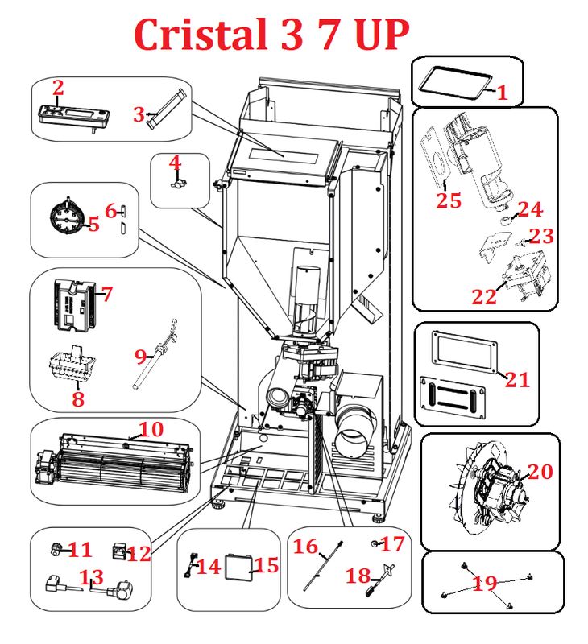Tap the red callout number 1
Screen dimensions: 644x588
tap(503, 93)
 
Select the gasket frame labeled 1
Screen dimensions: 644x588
tap(456, 81)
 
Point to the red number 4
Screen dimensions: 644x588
tap(175, 163)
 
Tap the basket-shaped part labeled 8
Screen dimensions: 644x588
tap(71, 369)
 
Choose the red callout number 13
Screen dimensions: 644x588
tap(91, 577)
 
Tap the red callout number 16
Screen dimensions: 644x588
tap(305, 547)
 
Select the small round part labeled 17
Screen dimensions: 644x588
tap(375, 547)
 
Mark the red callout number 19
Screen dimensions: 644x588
tap(485, 584)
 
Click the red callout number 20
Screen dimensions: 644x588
tap(540, 472)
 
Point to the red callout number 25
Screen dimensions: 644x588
tap(449, 200)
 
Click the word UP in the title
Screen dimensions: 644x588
tap(380, 34)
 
